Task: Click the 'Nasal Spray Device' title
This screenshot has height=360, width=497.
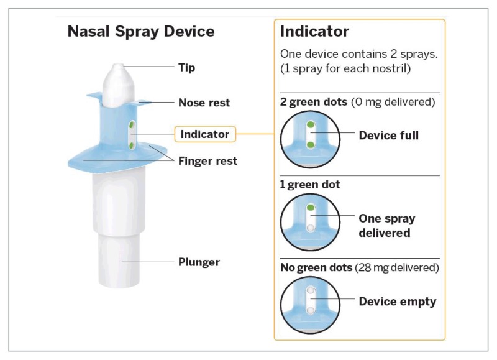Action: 141,32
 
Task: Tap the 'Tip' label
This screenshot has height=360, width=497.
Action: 187,68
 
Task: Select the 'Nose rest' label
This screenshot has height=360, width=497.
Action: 204,103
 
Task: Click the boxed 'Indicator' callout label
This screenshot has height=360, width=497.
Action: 205,134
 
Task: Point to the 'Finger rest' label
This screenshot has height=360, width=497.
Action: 207,161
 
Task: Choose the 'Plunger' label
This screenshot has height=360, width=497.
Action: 199,262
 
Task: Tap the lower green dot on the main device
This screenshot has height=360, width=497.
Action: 131,146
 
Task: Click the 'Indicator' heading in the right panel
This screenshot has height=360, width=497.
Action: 314,32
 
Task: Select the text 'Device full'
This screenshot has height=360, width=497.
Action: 389,136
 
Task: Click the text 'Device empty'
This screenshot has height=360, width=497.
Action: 398,302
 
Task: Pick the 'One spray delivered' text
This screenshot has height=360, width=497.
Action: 387,226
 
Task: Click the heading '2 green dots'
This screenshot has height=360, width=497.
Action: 314,102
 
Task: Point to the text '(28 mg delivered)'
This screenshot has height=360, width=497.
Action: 397,267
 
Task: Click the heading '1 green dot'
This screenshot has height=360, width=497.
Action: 309,185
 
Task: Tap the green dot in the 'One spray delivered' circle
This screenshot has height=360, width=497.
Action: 311,208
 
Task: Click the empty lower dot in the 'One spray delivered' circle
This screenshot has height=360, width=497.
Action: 311,228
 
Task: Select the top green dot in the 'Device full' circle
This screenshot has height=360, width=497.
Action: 311,124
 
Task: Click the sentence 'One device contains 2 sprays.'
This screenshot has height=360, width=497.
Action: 359,54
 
